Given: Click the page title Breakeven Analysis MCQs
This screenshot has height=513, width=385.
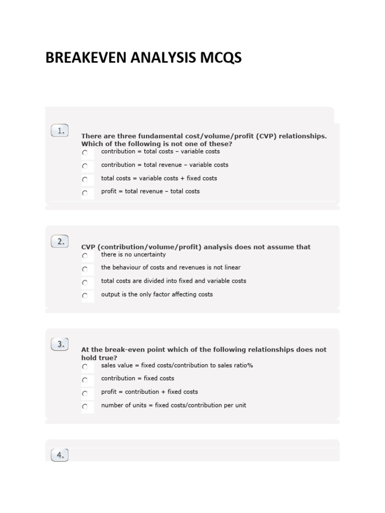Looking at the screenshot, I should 143,58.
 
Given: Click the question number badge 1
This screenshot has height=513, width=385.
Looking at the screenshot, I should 60,131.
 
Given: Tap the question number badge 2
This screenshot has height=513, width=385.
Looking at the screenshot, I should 60,241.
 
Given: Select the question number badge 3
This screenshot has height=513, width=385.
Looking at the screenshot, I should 60,344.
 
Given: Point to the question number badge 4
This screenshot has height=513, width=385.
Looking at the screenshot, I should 60,455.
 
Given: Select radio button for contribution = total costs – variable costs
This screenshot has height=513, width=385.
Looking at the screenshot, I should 85,152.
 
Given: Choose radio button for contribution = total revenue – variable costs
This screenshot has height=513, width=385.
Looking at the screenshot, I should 85,166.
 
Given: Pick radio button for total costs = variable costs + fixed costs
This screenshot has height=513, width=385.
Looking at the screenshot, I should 85,179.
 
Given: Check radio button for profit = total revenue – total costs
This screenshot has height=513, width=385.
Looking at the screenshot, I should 85,192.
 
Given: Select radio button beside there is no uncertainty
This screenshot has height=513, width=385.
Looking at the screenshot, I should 85,255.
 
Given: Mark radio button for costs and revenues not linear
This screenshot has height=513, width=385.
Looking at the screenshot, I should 85,269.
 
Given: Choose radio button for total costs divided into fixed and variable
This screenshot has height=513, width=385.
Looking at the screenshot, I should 85,283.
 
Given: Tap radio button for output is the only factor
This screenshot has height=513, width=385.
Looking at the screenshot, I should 85,296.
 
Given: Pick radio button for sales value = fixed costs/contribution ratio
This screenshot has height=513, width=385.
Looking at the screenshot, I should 85,366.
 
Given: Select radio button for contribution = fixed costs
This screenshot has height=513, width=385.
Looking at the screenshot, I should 85,380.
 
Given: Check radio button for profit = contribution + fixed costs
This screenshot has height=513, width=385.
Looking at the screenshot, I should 85,393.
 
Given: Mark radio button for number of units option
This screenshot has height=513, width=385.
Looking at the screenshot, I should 85,406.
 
